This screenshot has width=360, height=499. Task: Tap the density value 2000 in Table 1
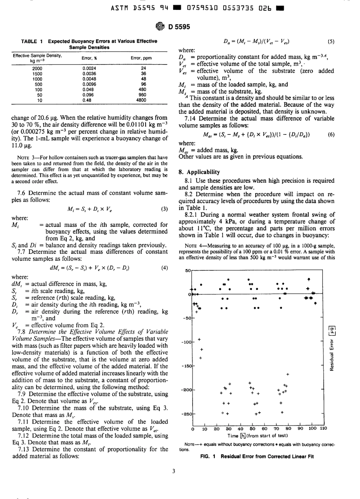click(x=38, y=69)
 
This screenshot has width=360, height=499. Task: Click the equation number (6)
click(x=331, y=135)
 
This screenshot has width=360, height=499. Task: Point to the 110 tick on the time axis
click(x=323, y=429)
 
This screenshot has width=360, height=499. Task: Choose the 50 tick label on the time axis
click(x=252, y=429)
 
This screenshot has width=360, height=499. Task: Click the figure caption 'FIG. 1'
click(x=208, y=457)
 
